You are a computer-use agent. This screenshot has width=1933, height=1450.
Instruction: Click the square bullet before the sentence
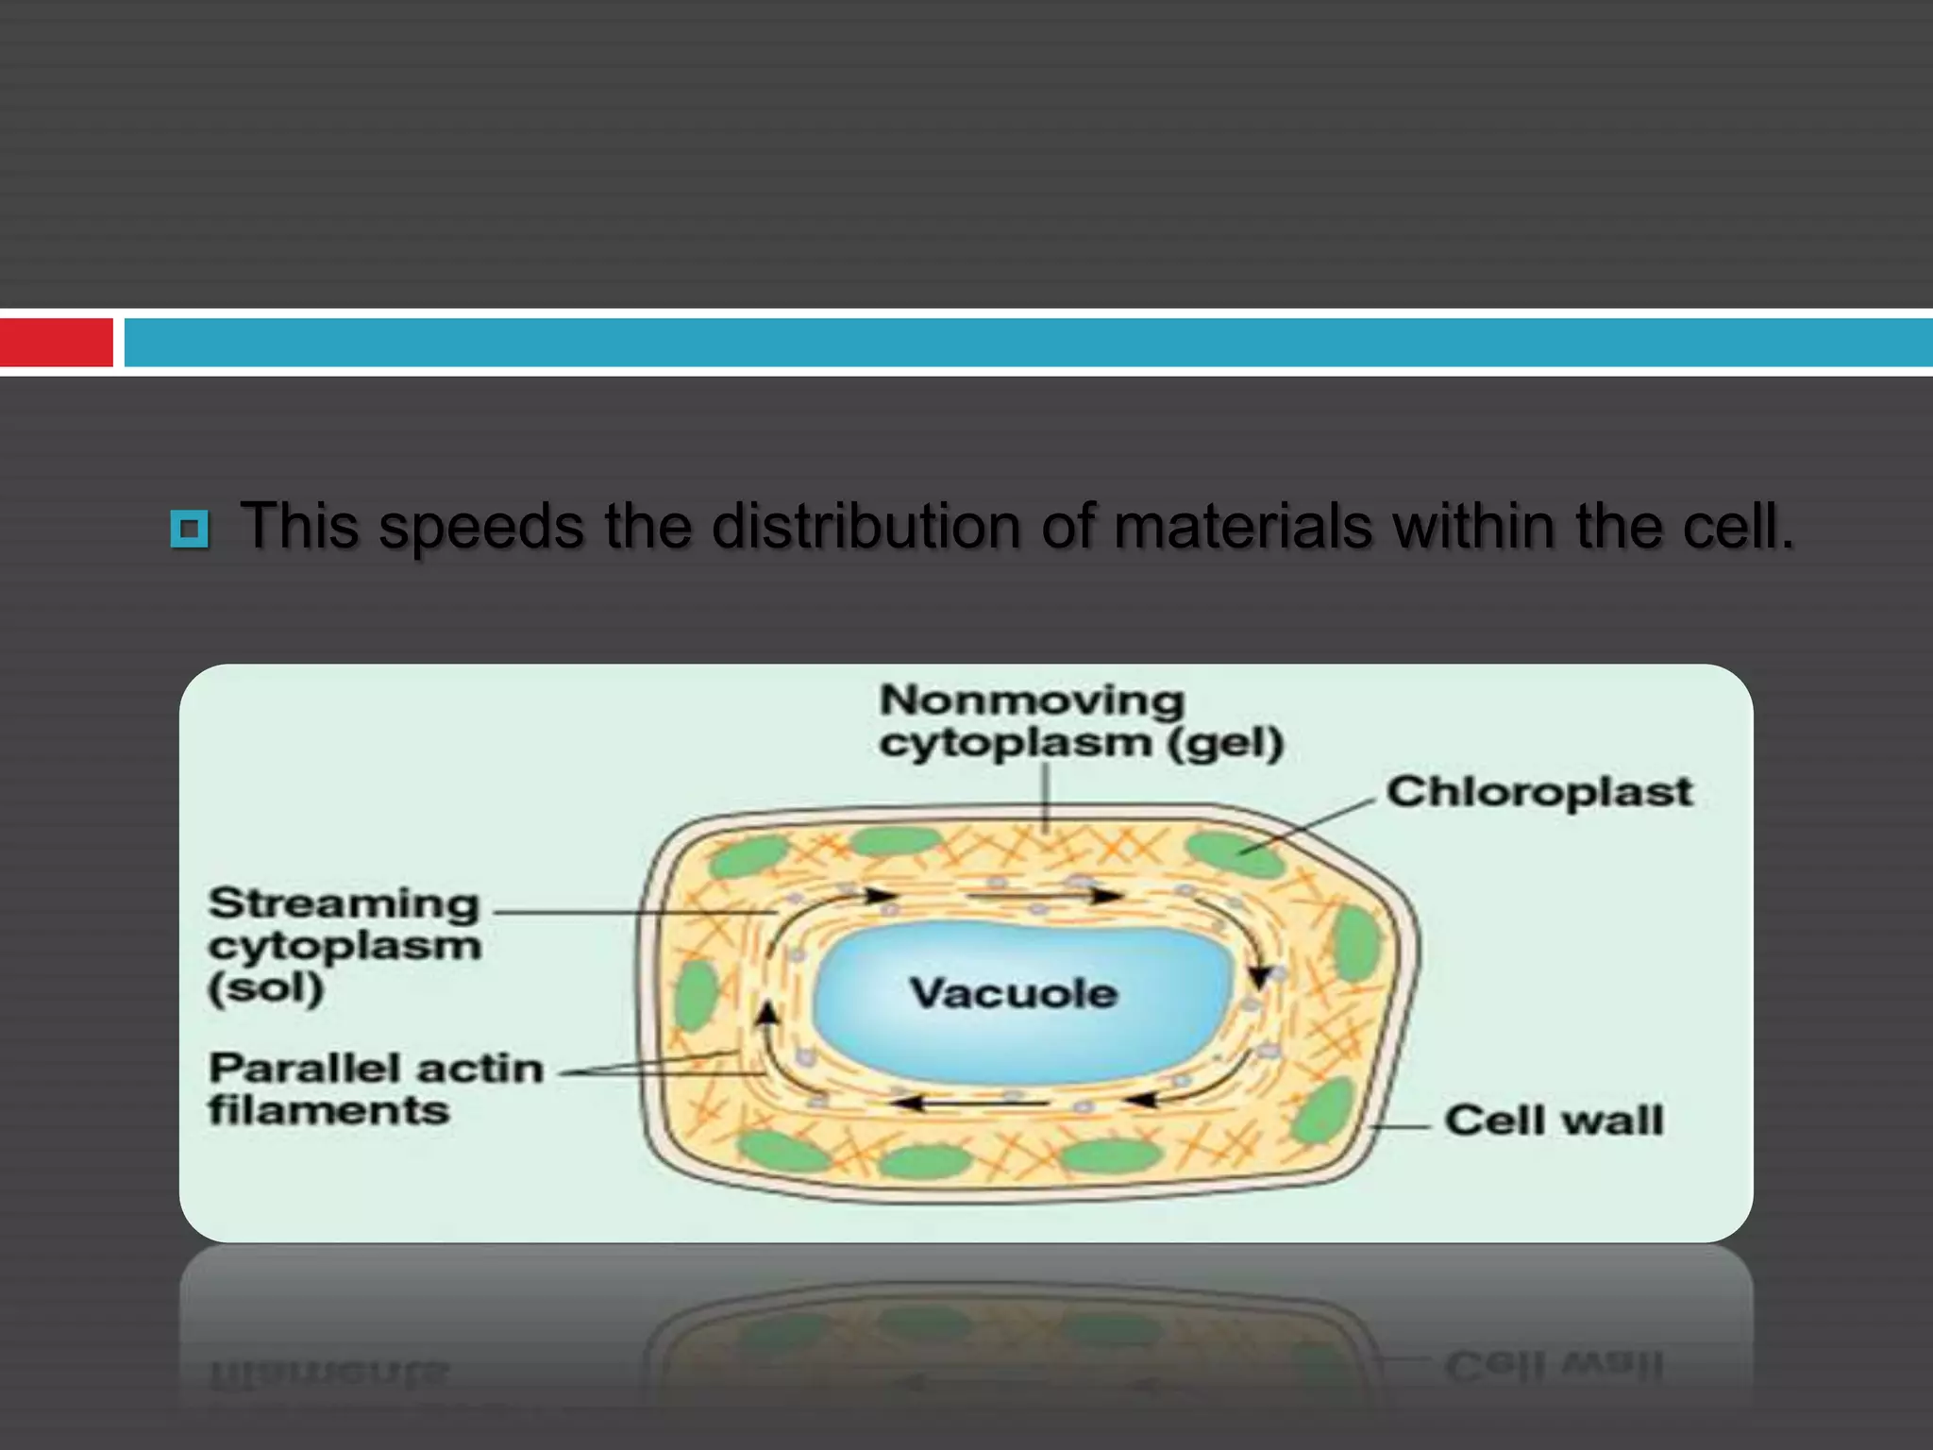click(x=190, y=529)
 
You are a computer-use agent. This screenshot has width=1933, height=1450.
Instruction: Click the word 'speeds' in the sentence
click(x=480, y=527)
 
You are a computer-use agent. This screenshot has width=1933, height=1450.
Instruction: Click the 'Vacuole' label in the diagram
click(x=1014, y=993)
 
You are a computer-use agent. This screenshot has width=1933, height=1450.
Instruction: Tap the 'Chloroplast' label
click(x=1539, y=792)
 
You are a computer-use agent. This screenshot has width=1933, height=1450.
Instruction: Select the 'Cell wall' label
click(x=1554, y=1121)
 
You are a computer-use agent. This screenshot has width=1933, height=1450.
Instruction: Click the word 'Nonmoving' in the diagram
click(x=1032, y=700)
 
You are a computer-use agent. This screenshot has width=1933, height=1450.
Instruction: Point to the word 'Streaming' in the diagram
click(x=345, y=903)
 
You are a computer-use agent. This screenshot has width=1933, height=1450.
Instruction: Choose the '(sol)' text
click(x=266, y=988)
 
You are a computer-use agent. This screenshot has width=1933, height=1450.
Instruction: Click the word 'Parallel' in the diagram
click(x=304, y=1069)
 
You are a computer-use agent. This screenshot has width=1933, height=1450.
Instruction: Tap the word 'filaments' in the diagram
click(x=328, y=1110)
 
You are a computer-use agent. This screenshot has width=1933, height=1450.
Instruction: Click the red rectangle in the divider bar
click(x=56, y=342)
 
